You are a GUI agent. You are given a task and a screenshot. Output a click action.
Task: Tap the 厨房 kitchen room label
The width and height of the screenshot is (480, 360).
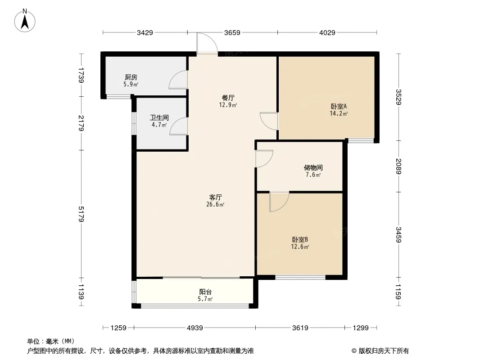(131, 77)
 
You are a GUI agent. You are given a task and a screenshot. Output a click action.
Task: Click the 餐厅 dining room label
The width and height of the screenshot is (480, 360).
(229, 98)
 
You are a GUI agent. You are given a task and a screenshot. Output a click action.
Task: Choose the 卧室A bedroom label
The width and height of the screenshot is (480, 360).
(339, 107)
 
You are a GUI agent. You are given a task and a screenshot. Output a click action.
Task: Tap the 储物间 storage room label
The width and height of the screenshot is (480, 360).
(313, 168)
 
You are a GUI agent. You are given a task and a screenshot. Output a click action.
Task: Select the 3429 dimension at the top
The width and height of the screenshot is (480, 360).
(145, 32)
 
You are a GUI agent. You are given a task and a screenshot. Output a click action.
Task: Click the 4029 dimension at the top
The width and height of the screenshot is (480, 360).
(327, 32)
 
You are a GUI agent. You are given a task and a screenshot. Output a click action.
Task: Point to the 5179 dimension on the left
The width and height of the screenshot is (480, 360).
(81, 214)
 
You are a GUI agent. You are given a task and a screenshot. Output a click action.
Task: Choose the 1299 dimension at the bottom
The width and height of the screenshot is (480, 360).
(361, 328)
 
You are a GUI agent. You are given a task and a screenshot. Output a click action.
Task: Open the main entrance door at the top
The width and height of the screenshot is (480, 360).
(208, 44)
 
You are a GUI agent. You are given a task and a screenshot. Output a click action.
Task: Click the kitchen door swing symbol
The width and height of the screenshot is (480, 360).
(179, 80)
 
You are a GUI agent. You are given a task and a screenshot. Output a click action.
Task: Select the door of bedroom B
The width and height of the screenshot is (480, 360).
(279, 201)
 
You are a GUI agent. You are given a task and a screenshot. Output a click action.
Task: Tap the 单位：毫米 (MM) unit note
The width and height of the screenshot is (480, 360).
(50, 341)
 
